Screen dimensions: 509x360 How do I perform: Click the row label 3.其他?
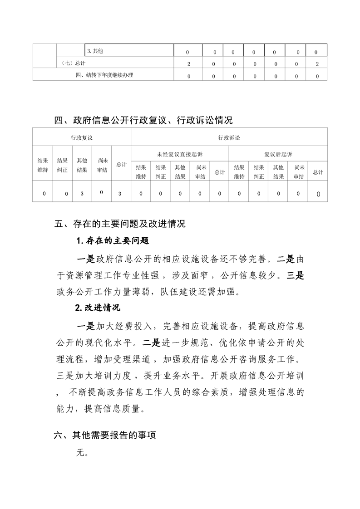coord(95,51)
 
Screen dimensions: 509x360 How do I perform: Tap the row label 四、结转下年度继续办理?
coord(104,75)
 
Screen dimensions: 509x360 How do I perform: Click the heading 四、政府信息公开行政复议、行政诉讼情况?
coord(143,120)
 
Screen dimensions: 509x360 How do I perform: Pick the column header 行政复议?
coord(82,137)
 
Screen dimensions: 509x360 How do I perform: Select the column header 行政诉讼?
coord(229,137)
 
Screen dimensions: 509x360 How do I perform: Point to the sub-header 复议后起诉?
coord(278,154)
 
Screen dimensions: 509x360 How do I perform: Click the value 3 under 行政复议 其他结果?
coord(82,194)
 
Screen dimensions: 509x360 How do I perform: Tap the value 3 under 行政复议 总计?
coord(119,194)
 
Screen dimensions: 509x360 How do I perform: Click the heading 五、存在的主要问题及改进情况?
coord(120,224)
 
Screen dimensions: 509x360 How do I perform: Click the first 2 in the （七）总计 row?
coord(188,64)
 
